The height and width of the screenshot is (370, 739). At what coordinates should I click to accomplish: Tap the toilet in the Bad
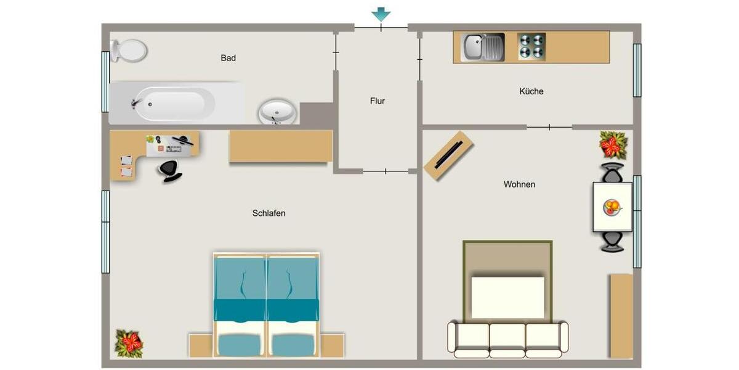[128, 51]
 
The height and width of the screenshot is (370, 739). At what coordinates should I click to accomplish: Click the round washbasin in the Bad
[277, 112]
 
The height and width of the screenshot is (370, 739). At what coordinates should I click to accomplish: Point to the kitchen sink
[483, 47]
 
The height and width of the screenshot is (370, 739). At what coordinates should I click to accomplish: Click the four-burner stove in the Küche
[531, 46]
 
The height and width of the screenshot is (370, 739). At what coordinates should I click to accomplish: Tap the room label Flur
[378, 101]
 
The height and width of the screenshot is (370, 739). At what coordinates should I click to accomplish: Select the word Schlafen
[269, 213]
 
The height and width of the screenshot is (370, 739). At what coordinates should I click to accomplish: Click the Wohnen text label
[519, 184]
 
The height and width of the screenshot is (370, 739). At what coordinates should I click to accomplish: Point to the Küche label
[531, 91]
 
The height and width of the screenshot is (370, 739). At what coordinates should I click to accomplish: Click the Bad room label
[228, 58]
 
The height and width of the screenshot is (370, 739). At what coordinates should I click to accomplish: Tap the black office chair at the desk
[170, 171]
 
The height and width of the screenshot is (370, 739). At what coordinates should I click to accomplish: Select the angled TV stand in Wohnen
[449, 156]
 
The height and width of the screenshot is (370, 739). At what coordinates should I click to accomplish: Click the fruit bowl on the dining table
[612, 207]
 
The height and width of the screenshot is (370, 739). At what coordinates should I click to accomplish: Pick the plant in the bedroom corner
[129, 343]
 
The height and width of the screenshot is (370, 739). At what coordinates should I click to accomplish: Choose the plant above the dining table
[613, 146]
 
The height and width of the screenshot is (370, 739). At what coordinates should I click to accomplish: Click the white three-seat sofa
[507, 339]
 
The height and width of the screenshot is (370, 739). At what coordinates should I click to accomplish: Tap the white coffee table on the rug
[507, 297]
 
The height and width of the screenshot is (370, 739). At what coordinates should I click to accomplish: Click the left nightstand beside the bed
[201, 345]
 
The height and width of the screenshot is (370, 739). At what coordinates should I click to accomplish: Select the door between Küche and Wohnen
[549, 127]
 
